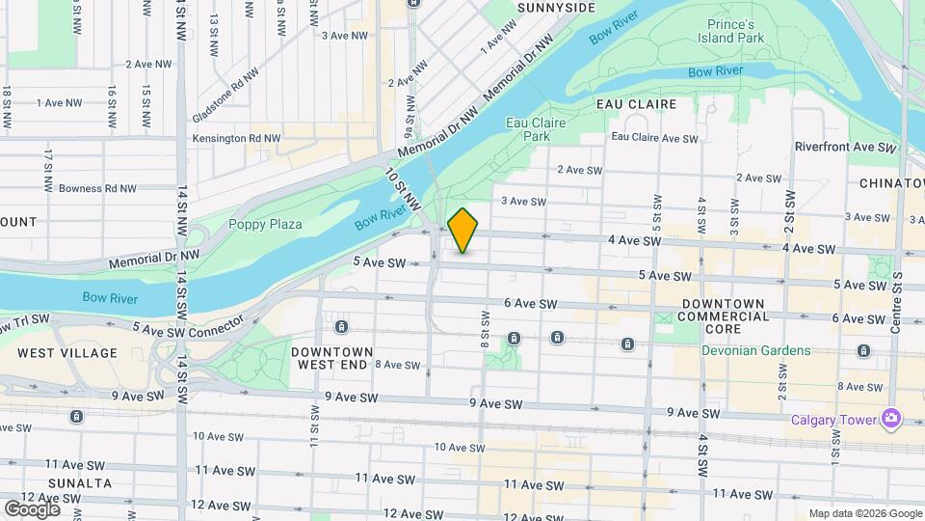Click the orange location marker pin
click(x=462, y=231)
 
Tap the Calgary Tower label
click(x=832, y=419)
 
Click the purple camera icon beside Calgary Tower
click(x=891, y=419)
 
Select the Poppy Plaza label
click(x=265, y=224)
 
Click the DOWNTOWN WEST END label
click(x=331, y=358)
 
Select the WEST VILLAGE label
click(x=66, y=354)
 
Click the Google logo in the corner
click(x=32, y=508)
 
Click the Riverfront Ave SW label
click(x=845, y=148)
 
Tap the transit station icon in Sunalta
click(x=76, y=417)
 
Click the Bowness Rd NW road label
click(x=97, y=189)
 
